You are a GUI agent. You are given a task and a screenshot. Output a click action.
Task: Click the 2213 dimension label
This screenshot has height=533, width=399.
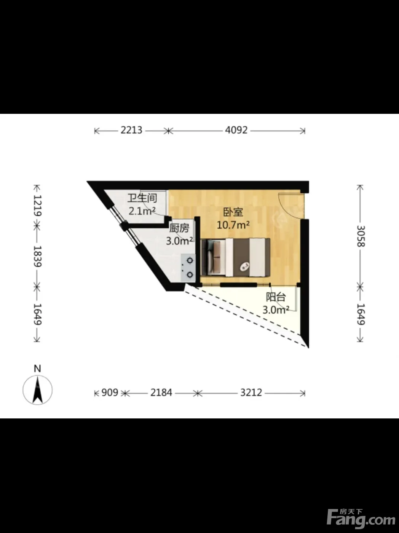tap(131, 131)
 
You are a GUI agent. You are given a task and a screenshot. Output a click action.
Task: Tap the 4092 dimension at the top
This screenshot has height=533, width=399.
tap(236, 131)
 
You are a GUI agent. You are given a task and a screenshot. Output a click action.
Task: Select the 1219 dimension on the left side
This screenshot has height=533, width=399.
tap(38, 205)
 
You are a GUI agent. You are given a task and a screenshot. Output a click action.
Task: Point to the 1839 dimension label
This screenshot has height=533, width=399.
tap(38, 257)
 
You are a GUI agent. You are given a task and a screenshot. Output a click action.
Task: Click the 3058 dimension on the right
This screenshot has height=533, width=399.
tap(361, 236)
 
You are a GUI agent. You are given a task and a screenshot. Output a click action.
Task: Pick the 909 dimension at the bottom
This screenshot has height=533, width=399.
tap(110, 393)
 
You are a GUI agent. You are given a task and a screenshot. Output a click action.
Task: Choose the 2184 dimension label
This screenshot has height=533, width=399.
tap(161, 393)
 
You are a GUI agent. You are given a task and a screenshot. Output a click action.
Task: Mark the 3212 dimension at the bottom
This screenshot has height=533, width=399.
tap(251, 393)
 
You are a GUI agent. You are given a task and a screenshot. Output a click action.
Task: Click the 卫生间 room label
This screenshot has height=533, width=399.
tap(142, 198)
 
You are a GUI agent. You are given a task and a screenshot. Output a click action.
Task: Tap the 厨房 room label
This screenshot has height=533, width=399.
tap(179, 228)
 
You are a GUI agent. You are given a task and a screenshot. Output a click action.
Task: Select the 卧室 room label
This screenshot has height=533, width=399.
tap(233, 212)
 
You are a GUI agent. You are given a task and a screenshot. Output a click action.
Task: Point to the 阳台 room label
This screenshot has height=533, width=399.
tap(276, 297)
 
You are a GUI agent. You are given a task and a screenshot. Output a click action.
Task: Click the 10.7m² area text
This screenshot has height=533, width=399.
tap(233, 225)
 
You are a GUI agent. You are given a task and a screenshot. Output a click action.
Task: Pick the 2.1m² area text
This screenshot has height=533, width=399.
tap(142, 211)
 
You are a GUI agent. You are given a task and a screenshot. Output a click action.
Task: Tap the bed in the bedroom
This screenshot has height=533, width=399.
tap(236, 258)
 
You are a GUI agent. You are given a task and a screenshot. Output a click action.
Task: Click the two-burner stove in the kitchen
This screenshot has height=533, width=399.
tap(188, 268)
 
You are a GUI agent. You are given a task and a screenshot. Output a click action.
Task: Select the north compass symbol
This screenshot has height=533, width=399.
tap(38, 390)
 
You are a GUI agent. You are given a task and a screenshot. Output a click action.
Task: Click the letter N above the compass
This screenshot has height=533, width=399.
tap(37, 369)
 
